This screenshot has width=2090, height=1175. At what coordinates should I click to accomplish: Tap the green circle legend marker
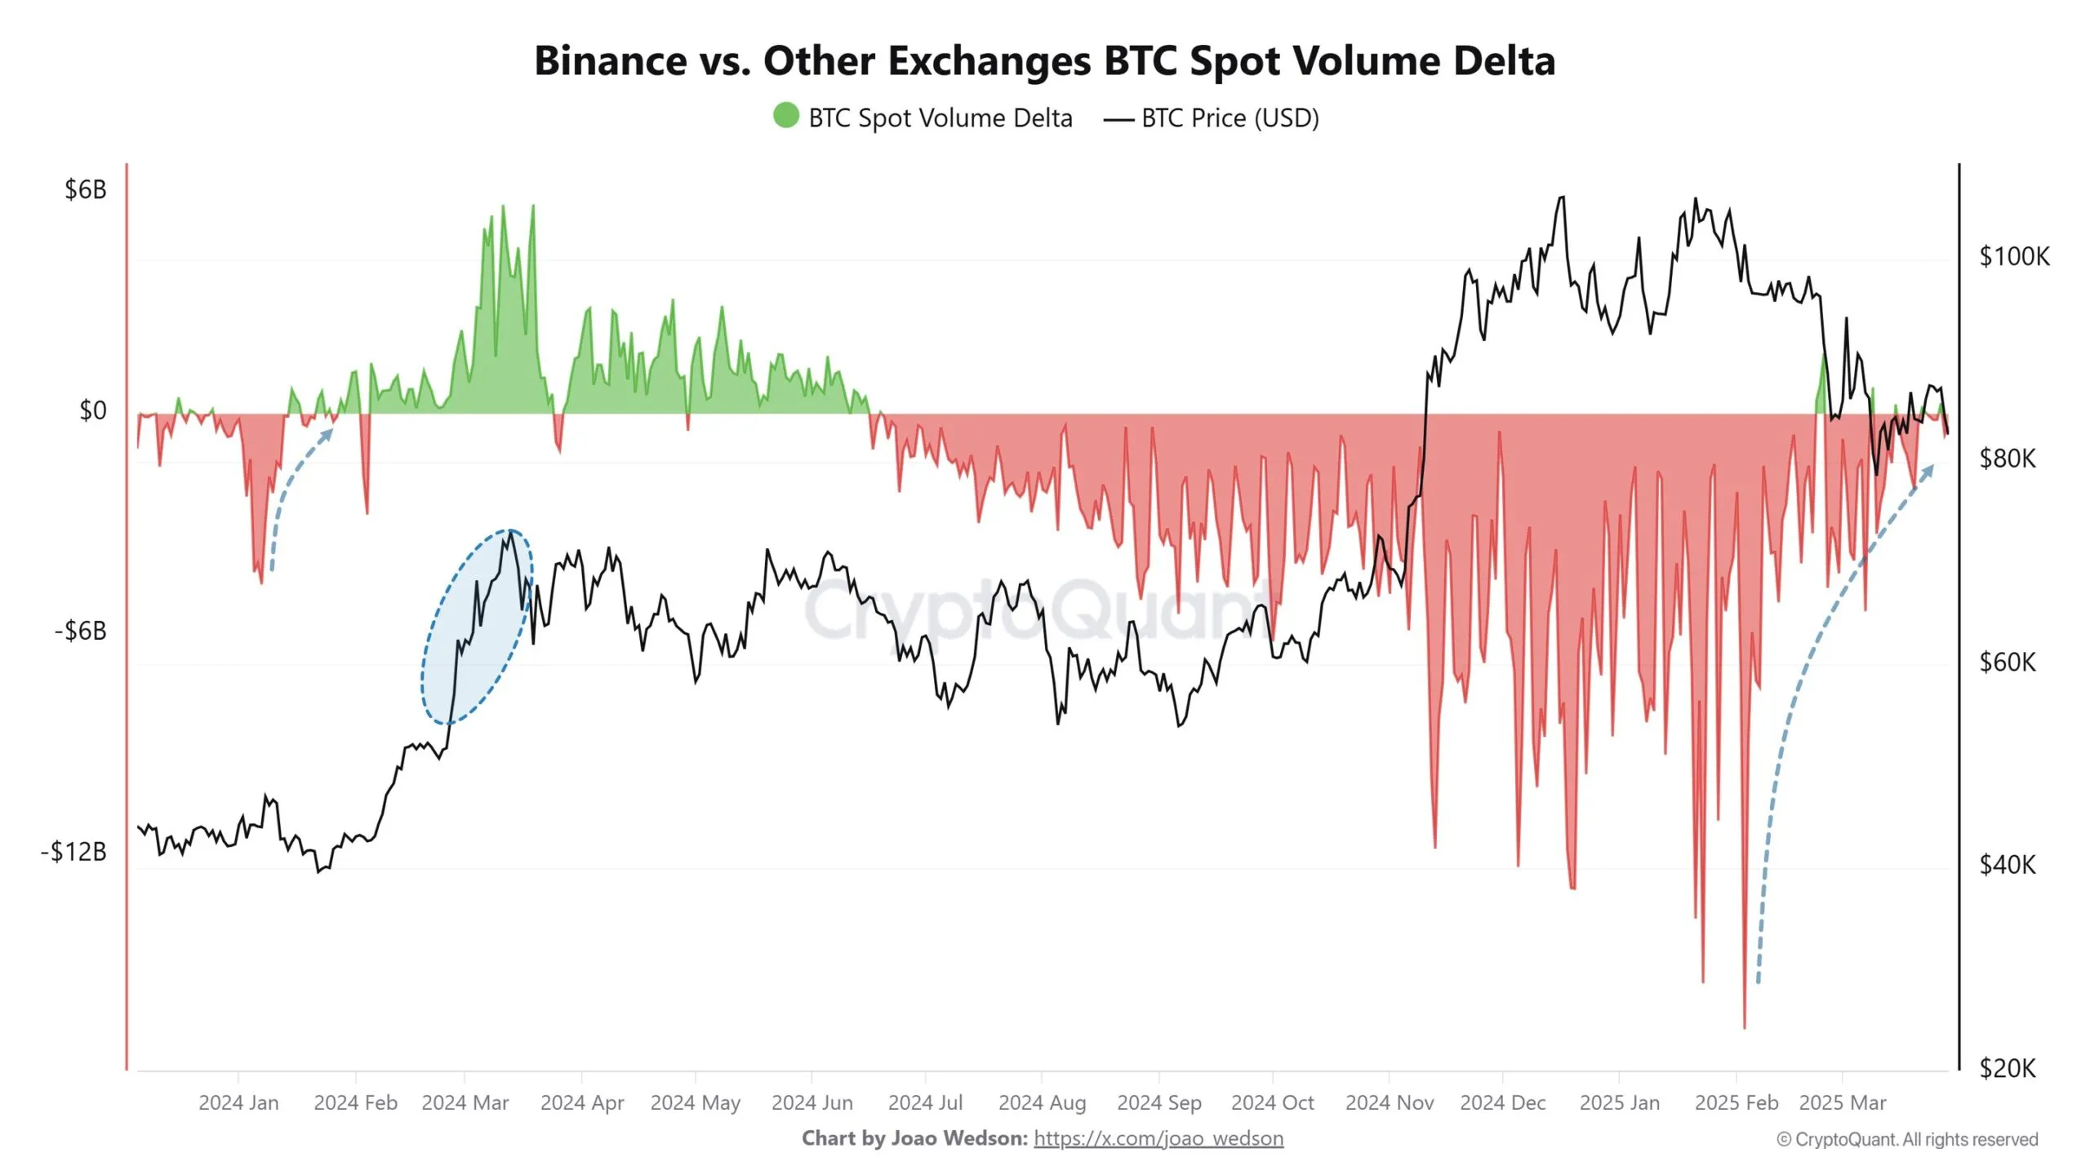[x=785, y=116]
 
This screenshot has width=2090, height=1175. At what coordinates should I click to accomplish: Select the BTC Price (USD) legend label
[x=1230, y=118]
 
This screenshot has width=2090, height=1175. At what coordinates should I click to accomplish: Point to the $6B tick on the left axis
[x=86, y=190]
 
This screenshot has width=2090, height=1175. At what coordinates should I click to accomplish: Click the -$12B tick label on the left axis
[x=74, y=852]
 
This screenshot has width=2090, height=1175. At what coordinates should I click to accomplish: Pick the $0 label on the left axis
[x=92, y=410]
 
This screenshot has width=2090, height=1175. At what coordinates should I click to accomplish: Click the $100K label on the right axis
[x=2014, y=256]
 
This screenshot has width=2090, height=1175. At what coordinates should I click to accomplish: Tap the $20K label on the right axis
[x=2008, y=1068]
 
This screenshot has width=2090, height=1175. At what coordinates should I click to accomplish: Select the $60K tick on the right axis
[x=2008, y=662]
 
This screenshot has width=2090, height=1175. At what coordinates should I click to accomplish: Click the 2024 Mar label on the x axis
[x=465, y=1103]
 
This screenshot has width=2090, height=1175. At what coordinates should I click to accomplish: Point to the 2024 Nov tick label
[x=1389, y=1103]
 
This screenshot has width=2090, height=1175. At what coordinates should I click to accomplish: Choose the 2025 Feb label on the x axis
[x=1736, y=1103]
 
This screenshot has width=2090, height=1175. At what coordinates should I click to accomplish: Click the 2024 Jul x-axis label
[x=925, y=1103]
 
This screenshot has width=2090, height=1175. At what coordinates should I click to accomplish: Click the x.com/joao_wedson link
[x=1158, y=1138]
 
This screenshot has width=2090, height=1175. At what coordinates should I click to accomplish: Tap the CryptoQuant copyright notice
[x=1907, y=1139]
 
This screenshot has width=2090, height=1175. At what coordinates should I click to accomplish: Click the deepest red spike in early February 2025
[x=1745, y=1024]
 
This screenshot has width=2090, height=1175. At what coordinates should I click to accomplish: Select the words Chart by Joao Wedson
[x=914, y=1138]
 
